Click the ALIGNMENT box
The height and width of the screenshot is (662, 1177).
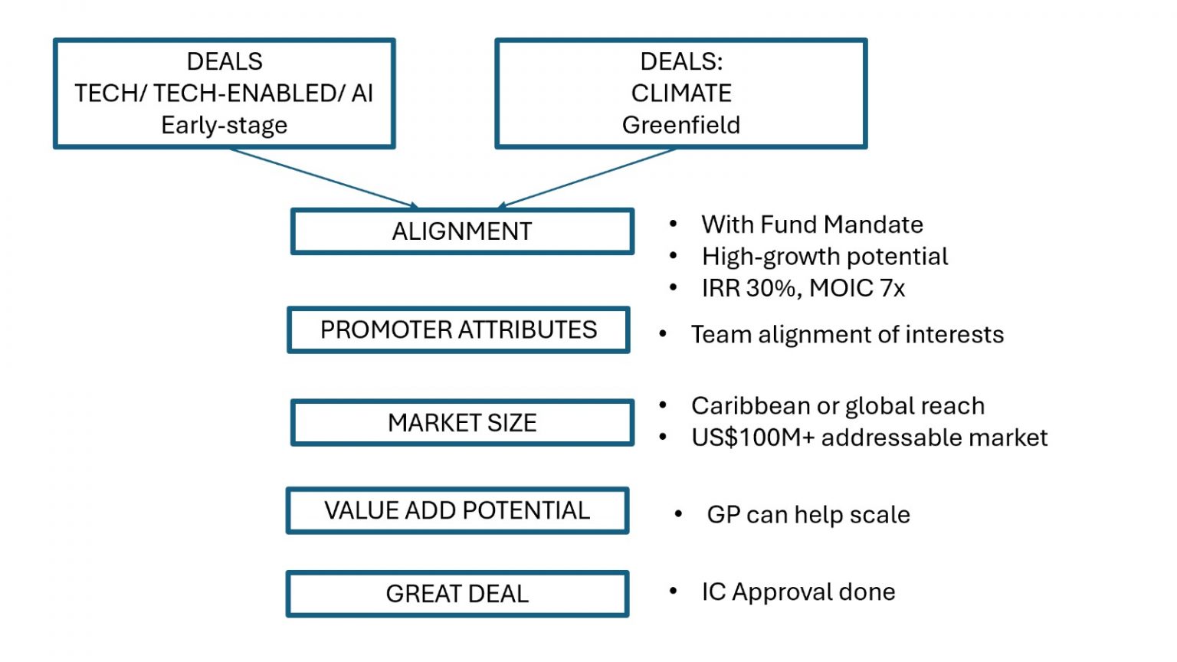click(x=462, y=231)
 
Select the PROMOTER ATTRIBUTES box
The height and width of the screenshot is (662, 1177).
click(x=458, y=330)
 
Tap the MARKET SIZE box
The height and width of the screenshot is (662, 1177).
click(x=462, y=423)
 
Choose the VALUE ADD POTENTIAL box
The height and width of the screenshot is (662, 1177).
click(x=457, y=511)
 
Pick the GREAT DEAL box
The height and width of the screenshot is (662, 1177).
click(x=457, y=594)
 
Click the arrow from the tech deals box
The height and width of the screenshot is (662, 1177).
click(x=322, y=178)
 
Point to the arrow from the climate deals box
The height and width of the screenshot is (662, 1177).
click(x=586, y=178)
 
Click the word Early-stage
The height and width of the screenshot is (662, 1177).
click(x=224, y=125)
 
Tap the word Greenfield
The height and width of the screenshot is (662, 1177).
click(x=680, y=125)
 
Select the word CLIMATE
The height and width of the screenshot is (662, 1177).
click(x=680, y=93)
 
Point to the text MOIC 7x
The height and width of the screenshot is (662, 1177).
click(x=857, y=288)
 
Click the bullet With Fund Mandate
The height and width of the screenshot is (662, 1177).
click(x=811, y=224)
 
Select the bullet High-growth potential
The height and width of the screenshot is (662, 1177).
click(x=825, y=256)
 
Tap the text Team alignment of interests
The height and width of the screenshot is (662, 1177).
click(x=847, y=335)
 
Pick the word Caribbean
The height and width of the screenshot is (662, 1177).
click(x=748, y=405)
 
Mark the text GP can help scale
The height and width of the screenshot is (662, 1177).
click(x=808, y=515)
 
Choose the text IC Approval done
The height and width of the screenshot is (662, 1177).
click(x=798, y=592)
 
